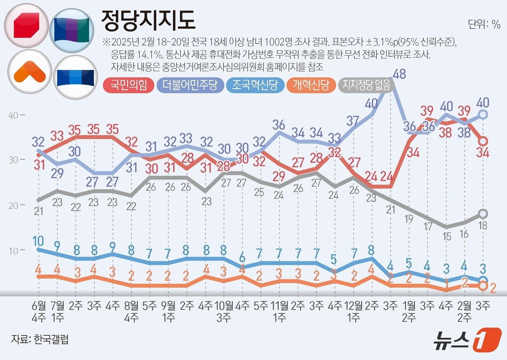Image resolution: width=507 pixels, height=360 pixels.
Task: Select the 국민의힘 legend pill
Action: (129, 85)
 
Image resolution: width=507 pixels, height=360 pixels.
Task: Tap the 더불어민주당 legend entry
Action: (190, 85)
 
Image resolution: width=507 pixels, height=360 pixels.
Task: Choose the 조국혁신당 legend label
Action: (255, 85)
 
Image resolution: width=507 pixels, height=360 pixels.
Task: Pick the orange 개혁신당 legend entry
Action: (311, 85)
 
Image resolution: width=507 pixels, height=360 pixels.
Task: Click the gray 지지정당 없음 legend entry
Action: (366, 85)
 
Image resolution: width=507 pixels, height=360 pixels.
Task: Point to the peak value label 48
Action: (399, 74)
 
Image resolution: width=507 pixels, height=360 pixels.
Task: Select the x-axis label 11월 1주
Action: (279, 311)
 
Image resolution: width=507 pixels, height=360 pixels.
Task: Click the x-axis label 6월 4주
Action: (39, 311)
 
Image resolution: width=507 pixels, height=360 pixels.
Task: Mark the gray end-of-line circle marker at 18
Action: (483, 214)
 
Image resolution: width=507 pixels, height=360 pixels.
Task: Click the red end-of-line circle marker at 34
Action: (483, 141)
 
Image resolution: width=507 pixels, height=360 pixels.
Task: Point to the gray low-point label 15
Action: (447, 237)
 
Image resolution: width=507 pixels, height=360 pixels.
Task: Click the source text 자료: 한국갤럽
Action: (40, 339)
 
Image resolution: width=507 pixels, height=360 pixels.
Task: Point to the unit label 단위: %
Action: (484, 24)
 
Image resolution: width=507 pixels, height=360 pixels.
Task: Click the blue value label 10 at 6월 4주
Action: (38, 241)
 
